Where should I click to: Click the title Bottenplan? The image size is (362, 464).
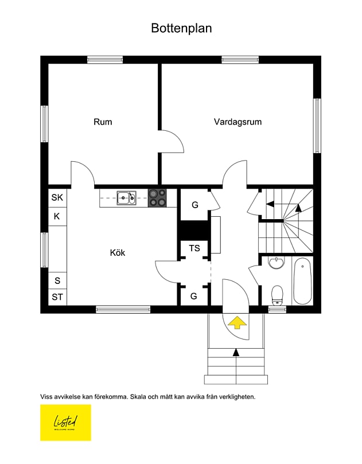coord(181,28)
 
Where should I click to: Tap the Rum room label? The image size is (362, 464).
coord(103,122)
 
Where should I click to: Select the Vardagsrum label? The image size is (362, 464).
coord(238,122)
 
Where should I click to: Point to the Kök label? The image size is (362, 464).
coord(118,252)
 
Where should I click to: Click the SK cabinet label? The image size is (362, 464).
coord(57,197)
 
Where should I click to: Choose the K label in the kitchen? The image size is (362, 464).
coord(57,216)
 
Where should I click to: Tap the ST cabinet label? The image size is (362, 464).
coord(57,297)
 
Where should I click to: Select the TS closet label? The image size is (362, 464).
coord(194,248)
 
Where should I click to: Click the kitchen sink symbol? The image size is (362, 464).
coord(126,198)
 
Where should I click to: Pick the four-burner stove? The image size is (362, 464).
coord(158,198)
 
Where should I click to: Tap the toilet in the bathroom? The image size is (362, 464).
coord(277,294)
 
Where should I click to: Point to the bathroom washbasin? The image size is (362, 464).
coord(277,263)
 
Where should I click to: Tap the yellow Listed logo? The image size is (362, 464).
coord(65,423)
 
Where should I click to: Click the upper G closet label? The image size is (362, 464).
coord(194,204)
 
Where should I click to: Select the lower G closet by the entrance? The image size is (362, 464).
coord(194,297)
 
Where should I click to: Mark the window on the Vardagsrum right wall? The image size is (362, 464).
coord(317,126)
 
